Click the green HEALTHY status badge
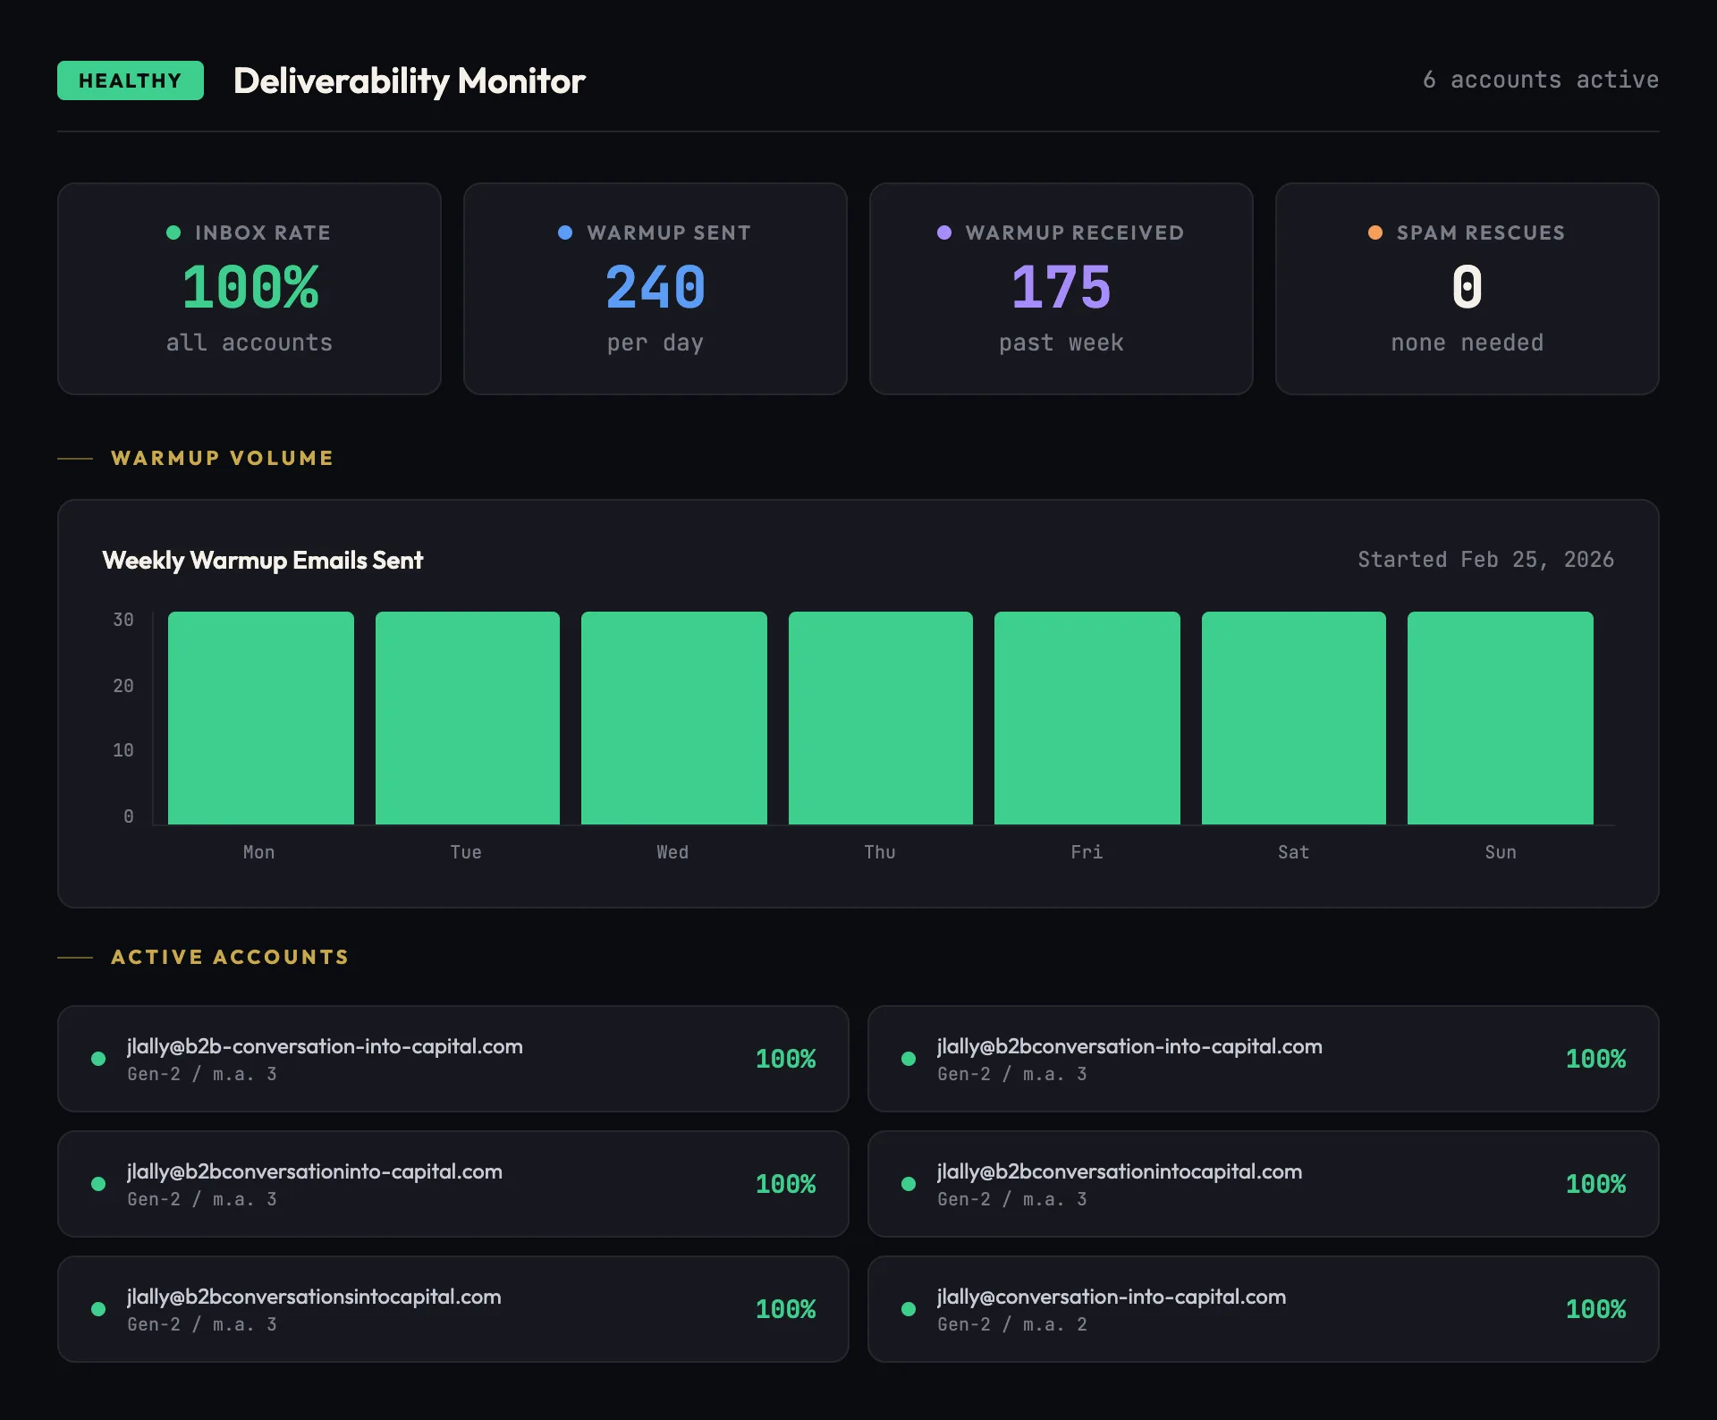pos(131,80)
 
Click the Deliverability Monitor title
pos(409,81)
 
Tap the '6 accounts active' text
pos(1540,80)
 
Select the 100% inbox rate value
pos(250,288)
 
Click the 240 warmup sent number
pos(656,288)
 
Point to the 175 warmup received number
pos(1061,288)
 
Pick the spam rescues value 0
pos(1467,288)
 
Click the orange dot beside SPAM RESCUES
pos(1375,232)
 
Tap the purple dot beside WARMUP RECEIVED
pos(943,232)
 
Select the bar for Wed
pos(673,718)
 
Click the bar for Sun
pos(1500,718)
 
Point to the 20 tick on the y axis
pos(123,686)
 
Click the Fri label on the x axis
pos(1087,852)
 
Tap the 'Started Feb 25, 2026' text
pos(1485,560)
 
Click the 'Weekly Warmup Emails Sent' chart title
pos(263,561)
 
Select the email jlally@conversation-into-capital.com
pos(1111,1297)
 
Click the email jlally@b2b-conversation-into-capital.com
pos(325,1046)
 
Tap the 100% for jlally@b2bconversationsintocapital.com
pos(785,1309)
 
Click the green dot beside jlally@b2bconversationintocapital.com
pos(909,1184)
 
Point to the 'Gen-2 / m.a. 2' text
pos(1011,1324)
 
